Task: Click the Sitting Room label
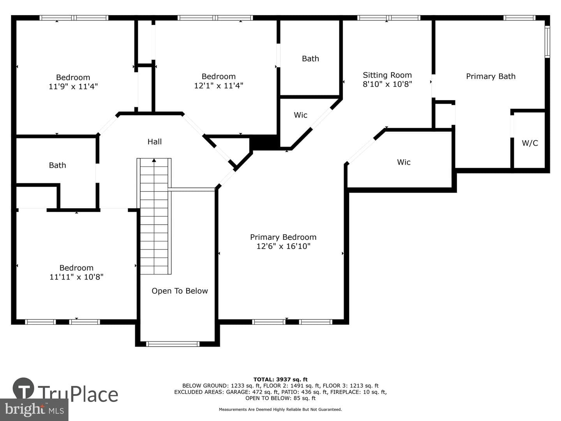point(387,75)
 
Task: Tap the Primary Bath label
point(491,76)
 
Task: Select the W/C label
point(530,143)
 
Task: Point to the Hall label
point(155,142)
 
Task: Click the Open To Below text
point(180,291)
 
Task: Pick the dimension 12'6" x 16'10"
point(284,246)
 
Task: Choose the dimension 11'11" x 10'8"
point(76,277)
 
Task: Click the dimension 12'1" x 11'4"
point(219,86)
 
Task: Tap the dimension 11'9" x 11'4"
point(73,87)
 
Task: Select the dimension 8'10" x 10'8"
point(388,84)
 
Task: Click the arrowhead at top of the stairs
point(154,160)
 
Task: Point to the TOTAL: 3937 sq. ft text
point(280,379)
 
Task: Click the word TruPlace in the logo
point(78,394)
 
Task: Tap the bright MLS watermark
point(34,410)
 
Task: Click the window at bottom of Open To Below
point(173,344)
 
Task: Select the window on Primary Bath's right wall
point(547,42)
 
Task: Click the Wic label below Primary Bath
point(404,162)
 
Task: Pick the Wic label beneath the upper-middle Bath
point(300,115)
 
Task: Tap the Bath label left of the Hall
point(58,165)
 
